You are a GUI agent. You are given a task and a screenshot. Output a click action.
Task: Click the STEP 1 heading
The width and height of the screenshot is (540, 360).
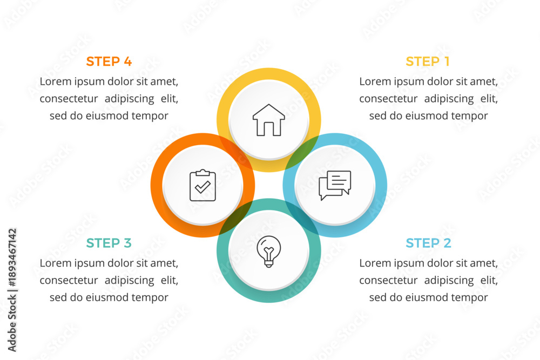(428, 62)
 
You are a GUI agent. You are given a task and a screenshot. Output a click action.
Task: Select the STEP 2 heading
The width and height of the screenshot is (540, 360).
(428, 243)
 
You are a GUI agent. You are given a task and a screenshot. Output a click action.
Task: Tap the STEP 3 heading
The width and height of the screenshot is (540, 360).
(109, 243)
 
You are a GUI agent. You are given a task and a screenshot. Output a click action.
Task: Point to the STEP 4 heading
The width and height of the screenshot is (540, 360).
(109, 62)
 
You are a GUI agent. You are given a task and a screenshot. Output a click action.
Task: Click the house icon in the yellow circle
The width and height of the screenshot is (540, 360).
(268, 120)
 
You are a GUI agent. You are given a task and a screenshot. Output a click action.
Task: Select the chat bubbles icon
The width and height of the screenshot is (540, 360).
(335, 185)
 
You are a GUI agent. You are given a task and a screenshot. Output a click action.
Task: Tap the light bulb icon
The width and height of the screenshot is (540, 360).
(268, 251)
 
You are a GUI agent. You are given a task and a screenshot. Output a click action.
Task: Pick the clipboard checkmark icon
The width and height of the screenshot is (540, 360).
(203, 185)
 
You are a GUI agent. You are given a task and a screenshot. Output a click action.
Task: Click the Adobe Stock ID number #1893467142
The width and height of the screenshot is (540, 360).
(12, 257)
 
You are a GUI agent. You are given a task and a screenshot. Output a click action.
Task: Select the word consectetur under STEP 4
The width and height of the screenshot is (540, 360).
(69, 99)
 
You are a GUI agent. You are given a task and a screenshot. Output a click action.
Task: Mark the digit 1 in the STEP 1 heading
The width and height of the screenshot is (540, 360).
(447, 62)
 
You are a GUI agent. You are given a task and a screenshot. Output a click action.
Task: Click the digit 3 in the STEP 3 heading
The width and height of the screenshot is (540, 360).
(127, 243)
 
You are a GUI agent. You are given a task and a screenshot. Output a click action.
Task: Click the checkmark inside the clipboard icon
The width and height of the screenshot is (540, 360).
(202, 187)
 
